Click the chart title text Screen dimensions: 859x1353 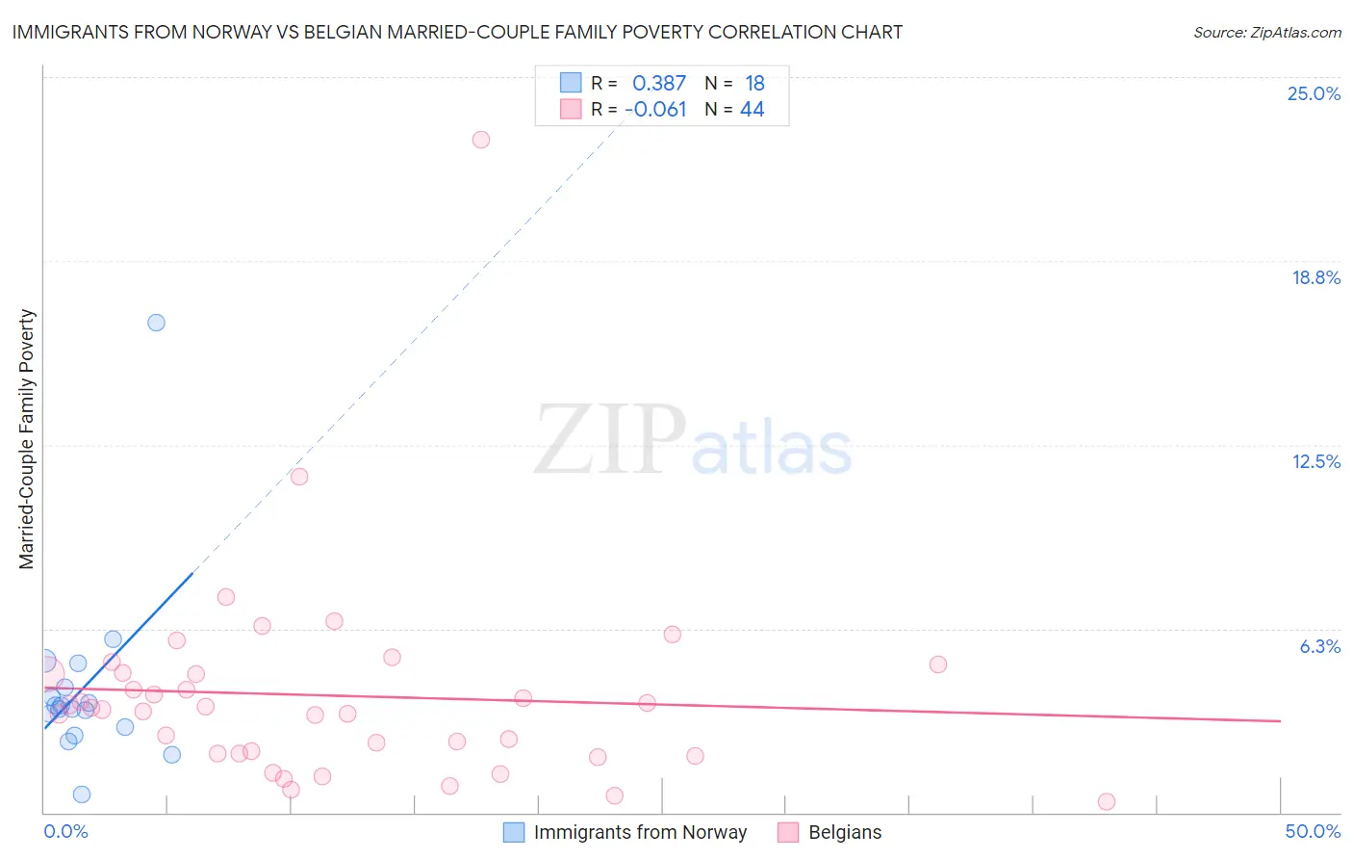tap(457, 32)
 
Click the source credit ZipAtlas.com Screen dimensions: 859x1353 tap(1266, 32)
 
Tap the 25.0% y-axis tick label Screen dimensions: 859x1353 tap(1314, 93)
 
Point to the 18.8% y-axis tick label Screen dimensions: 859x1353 tap(1315, 277)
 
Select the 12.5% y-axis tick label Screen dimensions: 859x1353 tap(1315, 461)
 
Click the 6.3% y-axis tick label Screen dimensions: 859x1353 tap(1319, 646)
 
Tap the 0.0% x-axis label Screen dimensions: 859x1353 tap(65, 831)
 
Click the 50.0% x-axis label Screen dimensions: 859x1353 tap(1313, 831)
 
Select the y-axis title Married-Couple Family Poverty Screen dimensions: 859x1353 tap(27, 439)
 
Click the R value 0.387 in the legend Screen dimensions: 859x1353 tap(658, 84)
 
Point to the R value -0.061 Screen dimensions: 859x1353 tap(655, 110)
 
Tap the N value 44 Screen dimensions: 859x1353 tap(752, 110)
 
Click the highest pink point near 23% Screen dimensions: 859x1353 tap(481, 140)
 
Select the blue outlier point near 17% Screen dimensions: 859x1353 tap(156, 323)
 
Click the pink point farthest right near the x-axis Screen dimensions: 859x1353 tap(1107, 801)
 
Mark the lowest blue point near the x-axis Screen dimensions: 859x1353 tap(82, 794)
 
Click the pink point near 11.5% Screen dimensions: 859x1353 tap(299, 477)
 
